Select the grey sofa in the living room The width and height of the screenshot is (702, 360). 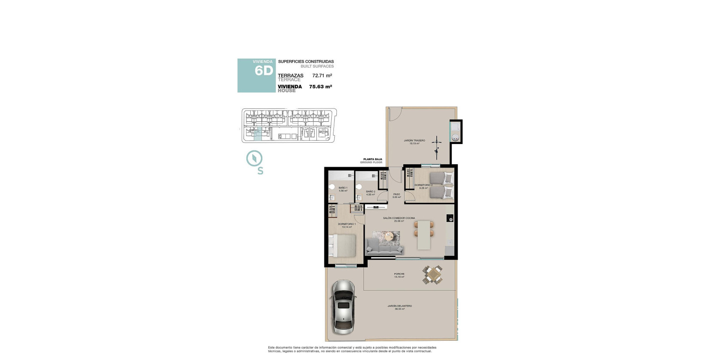[385, 247]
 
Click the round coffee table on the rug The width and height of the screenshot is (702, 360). [389, 235]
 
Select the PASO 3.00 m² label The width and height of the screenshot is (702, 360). [396, 195]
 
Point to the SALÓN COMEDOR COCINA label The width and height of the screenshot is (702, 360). [399, 218]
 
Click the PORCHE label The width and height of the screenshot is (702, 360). [399, 274]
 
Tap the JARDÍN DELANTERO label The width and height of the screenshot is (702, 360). [399, 306]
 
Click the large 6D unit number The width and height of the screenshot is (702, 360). [264, 71]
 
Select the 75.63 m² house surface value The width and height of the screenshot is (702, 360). [321, 87]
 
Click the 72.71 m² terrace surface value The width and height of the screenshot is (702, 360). [322, 75]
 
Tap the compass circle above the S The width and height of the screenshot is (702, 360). [254, 158]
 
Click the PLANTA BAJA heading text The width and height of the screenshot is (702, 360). [372, 159]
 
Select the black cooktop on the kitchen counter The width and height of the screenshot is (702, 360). [450, 219]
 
